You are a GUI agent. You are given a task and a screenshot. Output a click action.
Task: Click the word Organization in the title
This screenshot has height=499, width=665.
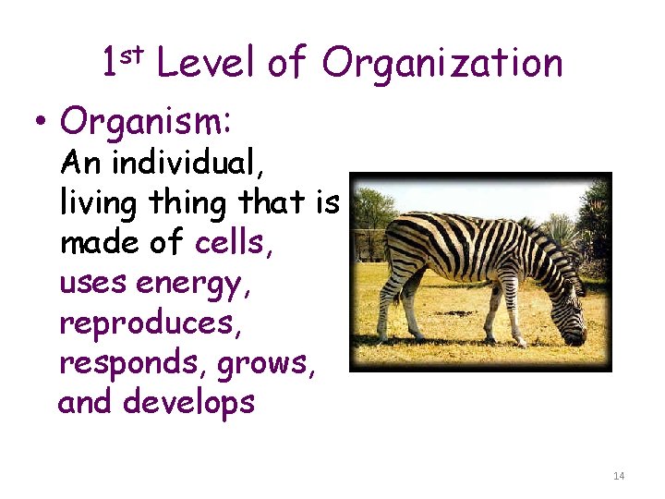[x=442, y=64]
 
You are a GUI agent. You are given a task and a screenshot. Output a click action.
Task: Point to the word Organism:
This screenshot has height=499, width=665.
[x=145, y=122]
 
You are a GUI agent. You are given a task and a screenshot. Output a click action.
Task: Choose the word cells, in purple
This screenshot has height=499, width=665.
[x=235, y=243]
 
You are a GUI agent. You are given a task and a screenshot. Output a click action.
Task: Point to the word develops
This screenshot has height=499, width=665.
[x=188, y=403]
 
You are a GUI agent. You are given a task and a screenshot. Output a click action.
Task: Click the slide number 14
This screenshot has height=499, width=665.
[x=618, y=475]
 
